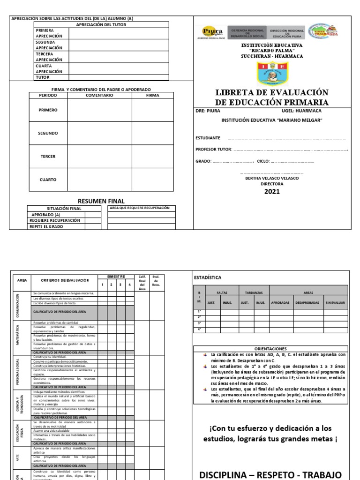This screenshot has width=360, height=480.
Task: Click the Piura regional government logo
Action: pos(212,31)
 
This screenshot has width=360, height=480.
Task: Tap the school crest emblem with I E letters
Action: pos(272,74)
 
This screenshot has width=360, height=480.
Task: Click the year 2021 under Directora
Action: pos(272,191)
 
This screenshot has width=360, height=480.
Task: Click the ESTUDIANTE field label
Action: pos(208,138)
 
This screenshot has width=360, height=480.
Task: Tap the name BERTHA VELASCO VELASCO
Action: pos(272,178)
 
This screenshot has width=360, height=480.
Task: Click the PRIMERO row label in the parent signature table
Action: pos(48,110)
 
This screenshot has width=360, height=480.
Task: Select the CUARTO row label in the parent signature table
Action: pos(48,180)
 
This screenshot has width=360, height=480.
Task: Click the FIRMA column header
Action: pos(152,95)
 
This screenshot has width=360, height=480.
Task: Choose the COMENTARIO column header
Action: pos(99,95)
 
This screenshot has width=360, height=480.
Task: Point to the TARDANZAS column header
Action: pos(254,292)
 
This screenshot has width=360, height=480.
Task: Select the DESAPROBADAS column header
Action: pos(307,303)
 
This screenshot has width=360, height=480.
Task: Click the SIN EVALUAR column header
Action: pos(335,303)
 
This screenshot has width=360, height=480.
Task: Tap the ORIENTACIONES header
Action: pos(270,349)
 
